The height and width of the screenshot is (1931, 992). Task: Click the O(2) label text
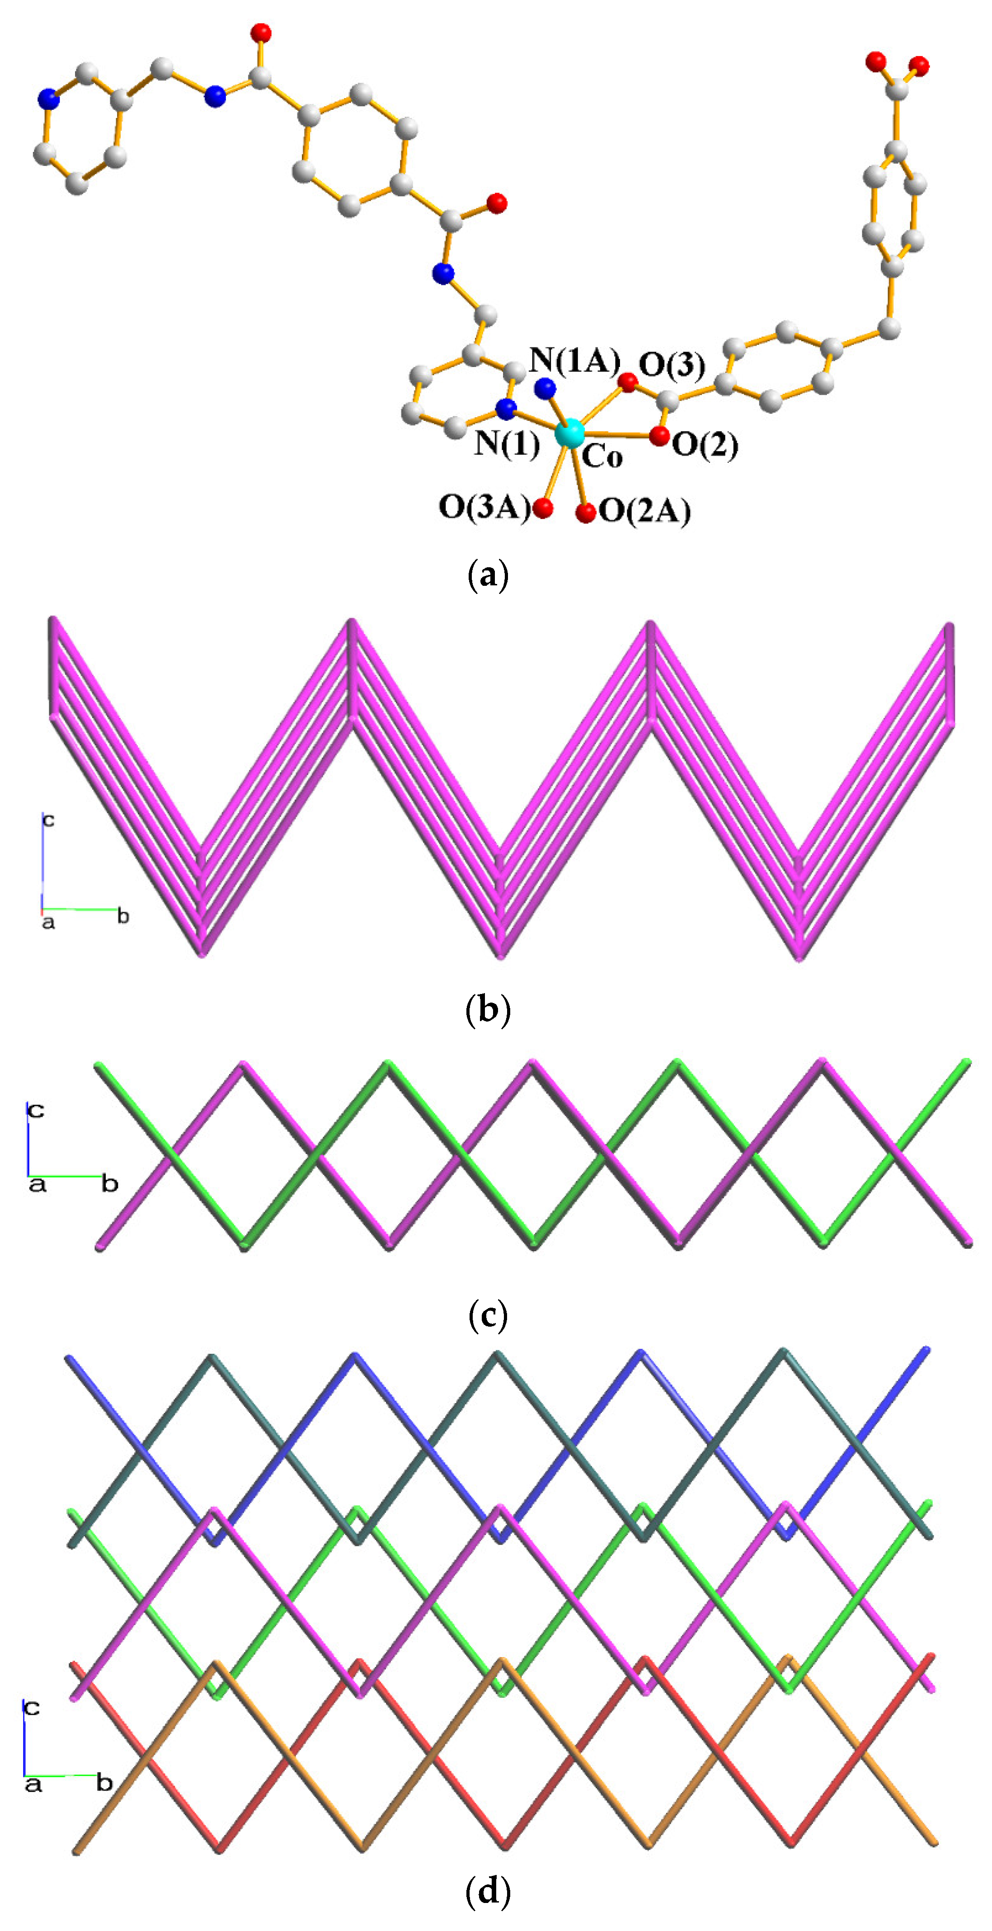704,445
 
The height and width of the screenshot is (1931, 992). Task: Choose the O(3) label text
671,365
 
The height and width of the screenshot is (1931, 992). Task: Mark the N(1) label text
507,444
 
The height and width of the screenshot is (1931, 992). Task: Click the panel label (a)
488,576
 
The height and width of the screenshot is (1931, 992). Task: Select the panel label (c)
488,1315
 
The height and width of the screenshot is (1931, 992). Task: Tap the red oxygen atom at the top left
261,33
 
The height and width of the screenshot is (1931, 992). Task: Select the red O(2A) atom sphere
586,513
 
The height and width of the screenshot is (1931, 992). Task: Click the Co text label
602,457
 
